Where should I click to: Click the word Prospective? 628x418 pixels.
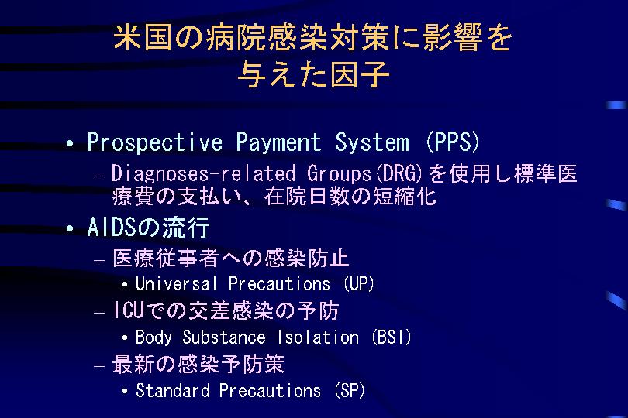(154, 142)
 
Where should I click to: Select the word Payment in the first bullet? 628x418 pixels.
(278, 142)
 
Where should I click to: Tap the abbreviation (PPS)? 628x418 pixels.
(453, 142)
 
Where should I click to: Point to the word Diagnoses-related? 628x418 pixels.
(203, 174)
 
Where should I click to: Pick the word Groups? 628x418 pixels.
(339, 174)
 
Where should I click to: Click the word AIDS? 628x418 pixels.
(112, 228)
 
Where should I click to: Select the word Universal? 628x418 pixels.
(176, 283)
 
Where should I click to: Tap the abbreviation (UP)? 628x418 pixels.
(359, 283)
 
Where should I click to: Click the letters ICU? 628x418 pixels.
(128, 310)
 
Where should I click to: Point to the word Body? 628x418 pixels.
(154, 337)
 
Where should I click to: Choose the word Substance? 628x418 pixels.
(224, 337)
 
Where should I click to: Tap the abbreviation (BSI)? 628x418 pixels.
(392, 337)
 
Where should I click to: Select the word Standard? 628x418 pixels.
(173, 390)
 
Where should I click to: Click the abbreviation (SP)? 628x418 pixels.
(350, 390)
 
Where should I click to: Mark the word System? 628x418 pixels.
(372, 142)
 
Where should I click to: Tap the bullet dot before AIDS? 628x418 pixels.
(70, 229)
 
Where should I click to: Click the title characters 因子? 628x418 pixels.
(354, 74)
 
